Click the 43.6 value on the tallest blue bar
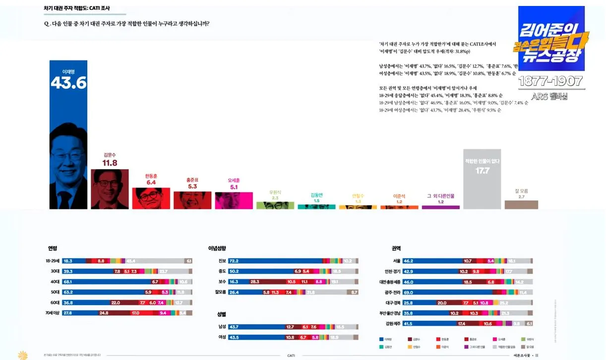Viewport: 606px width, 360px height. click(68, 83)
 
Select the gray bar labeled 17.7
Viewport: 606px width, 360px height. click(482, 179)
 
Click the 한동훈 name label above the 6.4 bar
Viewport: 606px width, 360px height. click(151, 176)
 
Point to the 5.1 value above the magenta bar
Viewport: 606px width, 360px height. click(234, 187)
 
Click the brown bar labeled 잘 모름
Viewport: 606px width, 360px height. click(521, 204)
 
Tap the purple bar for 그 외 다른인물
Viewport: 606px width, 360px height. click(440, 207)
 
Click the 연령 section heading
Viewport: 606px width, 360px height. click(53, 248)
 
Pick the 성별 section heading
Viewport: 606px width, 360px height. click(222, 314)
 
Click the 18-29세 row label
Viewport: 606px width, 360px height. click(52, 261)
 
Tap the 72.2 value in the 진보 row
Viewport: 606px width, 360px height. click(234, 261)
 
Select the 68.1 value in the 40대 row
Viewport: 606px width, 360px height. click(68, 282)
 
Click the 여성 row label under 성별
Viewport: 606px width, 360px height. click(222, 337)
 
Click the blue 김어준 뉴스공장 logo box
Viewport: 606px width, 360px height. click(550, 39)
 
